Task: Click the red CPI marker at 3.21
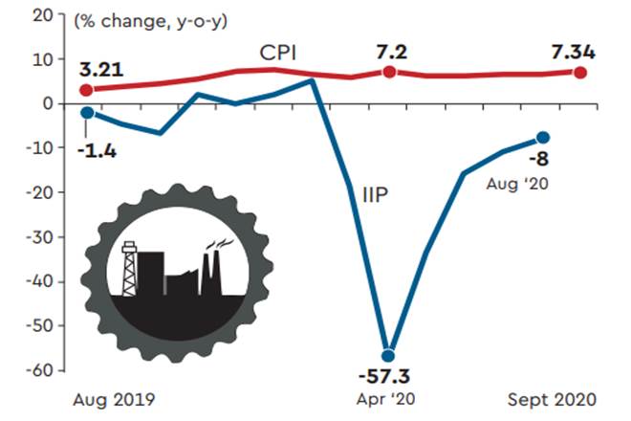pos(87,90)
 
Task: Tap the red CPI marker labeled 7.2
pos(389,72)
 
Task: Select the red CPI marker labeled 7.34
pos(580,72)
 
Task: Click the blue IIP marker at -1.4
pos(87,112)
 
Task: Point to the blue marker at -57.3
pos(389,355)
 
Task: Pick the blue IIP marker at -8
pos(543,138)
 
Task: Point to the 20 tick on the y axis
pos(42,15)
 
